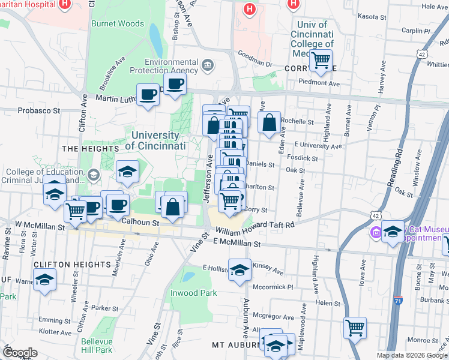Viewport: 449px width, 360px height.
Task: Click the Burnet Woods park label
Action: point(118,24)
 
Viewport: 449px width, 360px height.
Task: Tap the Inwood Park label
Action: point(196,293)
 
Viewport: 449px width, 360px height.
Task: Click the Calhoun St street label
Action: point(139,221)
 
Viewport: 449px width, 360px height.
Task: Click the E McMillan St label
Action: point(237,244)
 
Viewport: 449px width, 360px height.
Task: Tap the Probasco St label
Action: point(39,110)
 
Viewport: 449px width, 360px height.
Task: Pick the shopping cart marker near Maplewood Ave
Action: point(355,328)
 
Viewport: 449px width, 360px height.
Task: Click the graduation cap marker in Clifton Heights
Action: point(44,281)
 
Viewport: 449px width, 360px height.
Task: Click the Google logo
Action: point(20,353)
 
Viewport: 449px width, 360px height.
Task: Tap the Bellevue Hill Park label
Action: point(97,346)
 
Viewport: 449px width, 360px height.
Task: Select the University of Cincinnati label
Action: point(155,140)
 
